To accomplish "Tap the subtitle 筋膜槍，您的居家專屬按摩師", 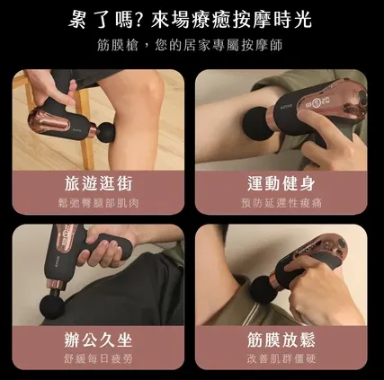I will tap(191, 46).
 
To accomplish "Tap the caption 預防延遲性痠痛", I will tap(284, 203).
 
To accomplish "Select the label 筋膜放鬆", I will tap(284, 340).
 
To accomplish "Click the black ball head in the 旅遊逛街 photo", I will tap(107, 135).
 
